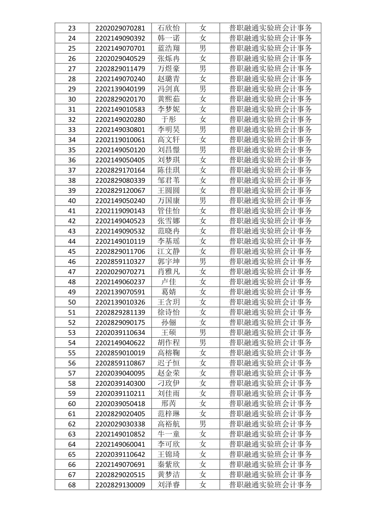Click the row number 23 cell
click(x=72, y=28)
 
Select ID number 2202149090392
click(x=120, y=38)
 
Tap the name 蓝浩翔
click(x=168, y=48)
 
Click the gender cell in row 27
click(x=203, y=69)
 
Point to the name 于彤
click(x=168, y=119)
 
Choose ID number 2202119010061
click(x=120, y=140)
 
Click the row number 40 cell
click(x=72, y=201)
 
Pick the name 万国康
click(x=168, y=201)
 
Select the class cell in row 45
click(x=271, y=251)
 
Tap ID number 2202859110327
click(x=120, y=261)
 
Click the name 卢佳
click(x=168, y=282)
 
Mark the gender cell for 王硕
click(x=203, y=333)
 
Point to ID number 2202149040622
click(x=120, y=343)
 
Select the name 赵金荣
click(x=168, y=373)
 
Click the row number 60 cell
click(x=72, y=403)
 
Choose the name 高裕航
click(x=168, y=424)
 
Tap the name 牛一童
click(x=168, y=434)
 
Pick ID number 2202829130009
click(x=120, y=485)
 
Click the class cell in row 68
click(x=271, y=485)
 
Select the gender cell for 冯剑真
click(x=203, y=89)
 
